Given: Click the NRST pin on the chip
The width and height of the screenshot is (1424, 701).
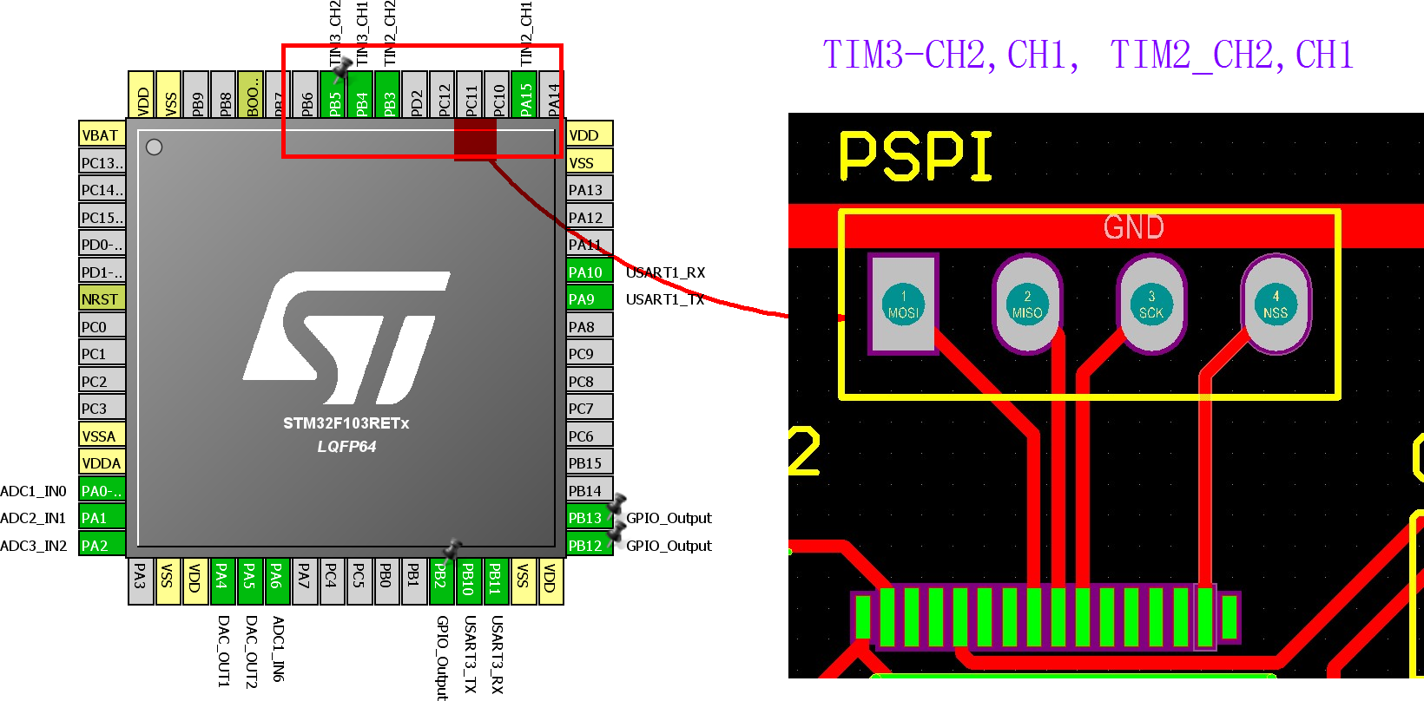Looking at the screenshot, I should tap(102, 299).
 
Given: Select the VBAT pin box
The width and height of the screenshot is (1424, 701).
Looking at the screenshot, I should tap(102, 135).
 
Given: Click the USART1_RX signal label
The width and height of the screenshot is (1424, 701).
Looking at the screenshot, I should tap(665, 272).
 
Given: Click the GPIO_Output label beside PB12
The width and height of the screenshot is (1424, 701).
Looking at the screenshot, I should tap(669, 546).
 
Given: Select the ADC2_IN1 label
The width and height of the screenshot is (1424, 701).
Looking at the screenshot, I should tap(33, 518).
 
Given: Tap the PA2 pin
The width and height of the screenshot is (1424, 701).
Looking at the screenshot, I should tap(102, 546).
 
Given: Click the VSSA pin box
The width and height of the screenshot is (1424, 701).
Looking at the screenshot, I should tap(102, 436).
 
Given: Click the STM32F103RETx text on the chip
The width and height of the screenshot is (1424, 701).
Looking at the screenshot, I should tap(346, 423).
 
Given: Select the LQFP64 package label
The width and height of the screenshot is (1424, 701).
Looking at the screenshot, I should tap(346, 447).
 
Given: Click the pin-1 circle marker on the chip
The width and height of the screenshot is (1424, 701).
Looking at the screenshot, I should tap(155, 147).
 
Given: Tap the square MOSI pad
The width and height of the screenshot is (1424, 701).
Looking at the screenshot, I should tap(903, 305).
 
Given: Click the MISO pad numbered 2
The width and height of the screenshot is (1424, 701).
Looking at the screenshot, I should tap(1027, 305).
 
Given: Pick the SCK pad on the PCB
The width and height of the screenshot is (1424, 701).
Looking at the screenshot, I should tap(1151, 305).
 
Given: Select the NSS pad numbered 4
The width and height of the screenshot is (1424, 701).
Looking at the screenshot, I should tap(1276, 305).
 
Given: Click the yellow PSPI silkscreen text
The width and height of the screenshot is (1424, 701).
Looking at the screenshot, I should tap(915, 157).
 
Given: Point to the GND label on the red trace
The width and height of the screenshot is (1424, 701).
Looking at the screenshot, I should tap(1133, 227).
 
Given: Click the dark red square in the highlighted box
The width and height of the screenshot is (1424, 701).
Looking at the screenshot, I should tap(475, 140).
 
